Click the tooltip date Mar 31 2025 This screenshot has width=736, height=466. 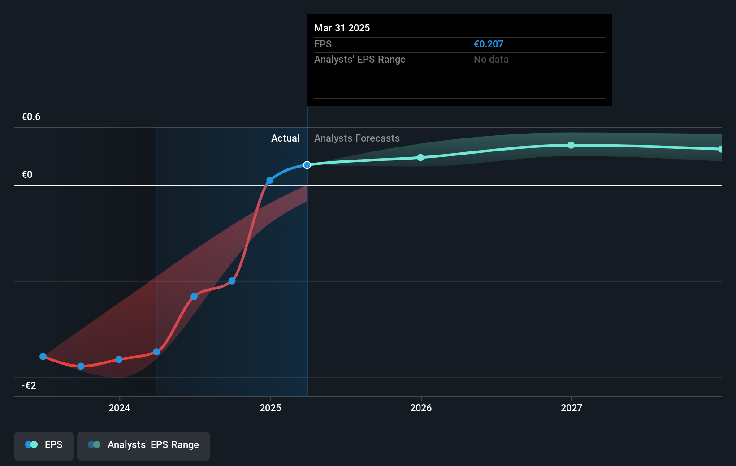(x=342, y=28)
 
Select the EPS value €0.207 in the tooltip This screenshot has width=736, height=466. (x=488, y=44)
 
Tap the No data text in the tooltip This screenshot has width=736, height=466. (x=491, y=59)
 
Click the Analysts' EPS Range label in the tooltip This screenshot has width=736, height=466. (x=359, y=59)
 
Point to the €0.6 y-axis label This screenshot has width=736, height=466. (x=31, y=117)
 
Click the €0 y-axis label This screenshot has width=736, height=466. (x=27, y=175)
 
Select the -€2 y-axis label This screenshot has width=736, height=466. (x=29, y=386)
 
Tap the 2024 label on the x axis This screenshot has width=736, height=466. (x=119, y=408)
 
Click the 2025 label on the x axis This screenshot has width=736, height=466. (x=270, y=408)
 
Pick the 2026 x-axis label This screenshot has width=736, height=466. (x=421, y=408)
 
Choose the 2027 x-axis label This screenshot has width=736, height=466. (x=571, y=408)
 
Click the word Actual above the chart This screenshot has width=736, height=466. (x=285, y=138)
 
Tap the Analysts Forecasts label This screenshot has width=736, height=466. (x=357, y=138)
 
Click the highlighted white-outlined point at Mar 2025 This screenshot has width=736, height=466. (x=307, y=165)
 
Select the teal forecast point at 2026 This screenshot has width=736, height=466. (x=420, y=157)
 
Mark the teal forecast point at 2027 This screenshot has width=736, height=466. (x=571, y=145)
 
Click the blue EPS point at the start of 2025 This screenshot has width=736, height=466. (x=270, y=180)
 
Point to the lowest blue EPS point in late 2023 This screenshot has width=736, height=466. (x=81, y=366)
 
